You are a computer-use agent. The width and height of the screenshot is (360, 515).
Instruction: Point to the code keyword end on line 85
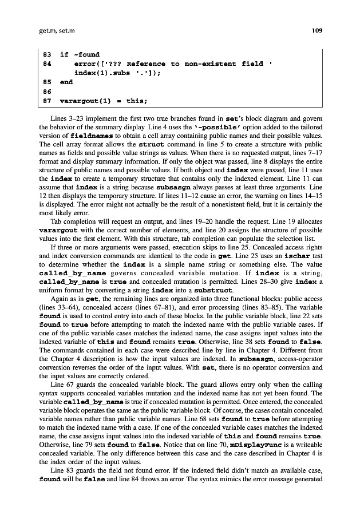pos(66,82)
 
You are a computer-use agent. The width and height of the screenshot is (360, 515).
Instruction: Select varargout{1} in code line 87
pos(82,101)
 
